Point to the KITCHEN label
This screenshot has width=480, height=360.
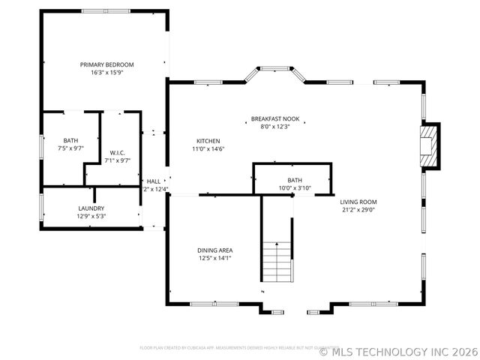(208, 141)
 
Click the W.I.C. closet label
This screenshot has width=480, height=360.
(116, 153)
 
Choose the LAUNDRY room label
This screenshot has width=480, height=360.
(91, 208)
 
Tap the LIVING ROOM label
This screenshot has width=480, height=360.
(358, 202)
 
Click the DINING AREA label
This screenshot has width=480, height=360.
(214, 250)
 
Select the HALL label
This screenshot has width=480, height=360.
(154, 181)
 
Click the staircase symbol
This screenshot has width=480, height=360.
(277, 259)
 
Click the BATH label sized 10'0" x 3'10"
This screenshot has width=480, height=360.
(294, 180)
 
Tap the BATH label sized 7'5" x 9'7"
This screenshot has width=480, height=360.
(70, 140)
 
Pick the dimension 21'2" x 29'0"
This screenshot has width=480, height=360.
(358, 210)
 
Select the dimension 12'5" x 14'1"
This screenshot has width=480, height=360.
(214, 258)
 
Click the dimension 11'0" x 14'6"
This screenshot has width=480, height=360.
(208, 149)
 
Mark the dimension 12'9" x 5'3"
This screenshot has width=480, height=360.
(91, 216)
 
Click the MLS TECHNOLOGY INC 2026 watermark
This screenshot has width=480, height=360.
(398, 350)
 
